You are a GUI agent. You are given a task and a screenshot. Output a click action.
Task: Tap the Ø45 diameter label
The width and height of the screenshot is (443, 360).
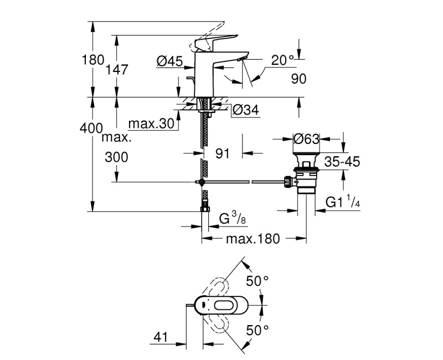(x=169, y=62)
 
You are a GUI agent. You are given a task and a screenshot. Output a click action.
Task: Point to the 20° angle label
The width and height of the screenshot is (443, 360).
(x=283, y=60)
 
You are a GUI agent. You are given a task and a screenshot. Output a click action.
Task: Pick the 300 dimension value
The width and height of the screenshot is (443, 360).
(x=116, y=157)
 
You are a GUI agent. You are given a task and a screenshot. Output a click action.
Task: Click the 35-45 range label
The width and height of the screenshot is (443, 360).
(x=342, y=162)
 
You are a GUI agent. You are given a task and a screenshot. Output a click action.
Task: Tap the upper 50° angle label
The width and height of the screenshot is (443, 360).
(x=257, y=281)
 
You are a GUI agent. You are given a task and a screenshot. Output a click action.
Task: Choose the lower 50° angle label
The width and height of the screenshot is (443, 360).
(x=257, y=330)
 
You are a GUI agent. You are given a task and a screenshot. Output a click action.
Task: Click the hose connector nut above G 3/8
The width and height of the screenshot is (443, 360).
(x=204, y=208)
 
